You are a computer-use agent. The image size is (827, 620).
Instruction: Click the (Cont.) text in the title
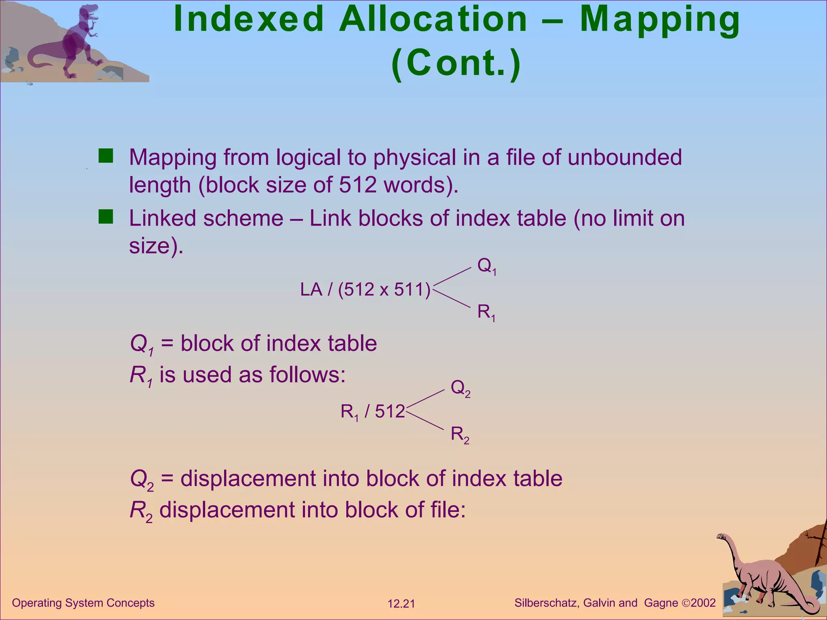pyautogui.click(x=456, y=63)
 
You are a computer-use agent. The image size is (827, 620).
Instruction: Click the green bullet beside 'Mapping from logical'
pyautogui.click(x=106, y=156)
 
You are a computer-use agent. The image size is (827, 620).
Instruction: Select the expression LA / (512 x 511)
pyautogui.click(x=365, y=289)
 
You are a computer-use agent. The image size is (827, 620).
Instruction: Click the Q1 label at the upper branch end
pyautogui.click(x=487, y=266)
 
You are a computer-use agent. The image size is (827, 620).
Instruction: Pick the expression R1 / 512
pyautogui.click(x=372, y=412)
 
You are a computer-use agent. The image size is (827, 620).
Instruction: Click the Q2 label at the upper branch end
pyautogui.click(x=460, y=388)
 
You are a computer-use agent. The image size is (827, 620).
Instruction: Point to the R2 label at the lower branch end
pyautogui.click(x=460, y=435)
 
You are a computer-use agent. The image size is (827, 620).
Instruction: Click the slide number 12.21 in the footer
pyautogui.click(x=401, y=604)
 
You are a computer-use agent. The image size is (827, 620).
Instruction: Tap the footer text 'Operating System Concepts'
pyautogui.click(x=83, y=603)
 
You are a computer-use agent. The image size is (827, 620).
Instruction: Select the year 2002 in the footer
pyautogui.click(x=703, y=603)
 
